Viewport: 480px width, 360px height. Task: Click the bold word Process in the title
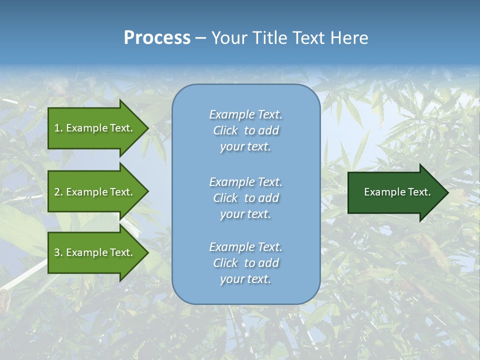click(157, 38)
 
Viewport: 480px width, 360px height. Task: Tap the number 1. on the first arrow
click(58, 128)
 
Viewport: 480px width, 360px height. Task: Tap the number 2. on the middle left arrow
click(58, 192)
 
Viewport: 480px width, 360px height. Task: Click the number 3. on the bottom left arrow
click(58, 252)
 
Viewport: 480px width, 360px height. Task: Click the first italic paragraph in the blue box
click(245, 130)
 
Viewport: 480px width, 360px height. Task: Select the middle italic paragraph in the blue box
click(245, 198)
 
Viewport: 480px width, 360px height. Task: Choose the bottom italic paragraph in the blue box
click(245, 263)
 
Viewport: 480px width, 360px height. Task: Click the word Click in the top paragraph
click(225, 130)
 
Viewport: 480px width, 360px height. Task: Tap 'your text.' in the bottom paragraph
click(245, 279)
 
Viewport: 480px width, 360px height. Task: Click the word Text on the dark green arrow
click(419, 192)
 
